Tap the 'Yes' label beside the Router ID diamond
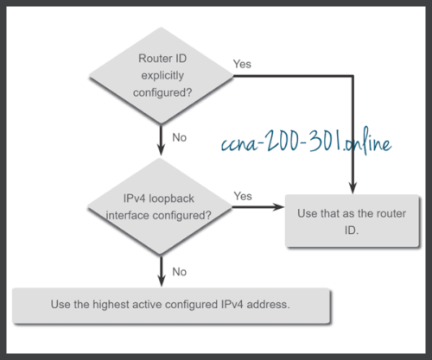(243, 64)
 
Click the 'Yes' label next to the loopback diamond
(243, 196)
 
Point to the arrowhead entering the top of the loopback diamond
(162, 152)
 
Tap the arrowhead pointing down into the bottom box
(162, 283)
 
